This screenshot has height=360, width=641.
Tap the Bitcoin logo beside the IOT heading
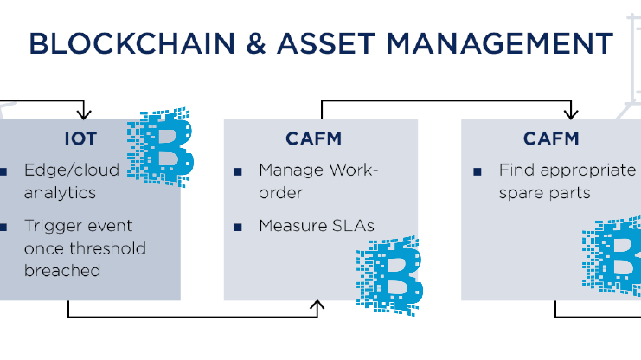(162, 146)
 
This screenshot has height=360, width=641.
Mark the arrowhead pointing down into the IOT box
(83, 112)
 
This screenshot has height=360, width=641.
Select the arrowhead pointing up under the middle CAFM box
(319, 305)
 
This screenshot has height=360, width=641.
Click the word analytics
(61, 192)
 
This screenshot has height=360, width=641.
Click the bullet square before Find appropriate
(477, 171)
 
